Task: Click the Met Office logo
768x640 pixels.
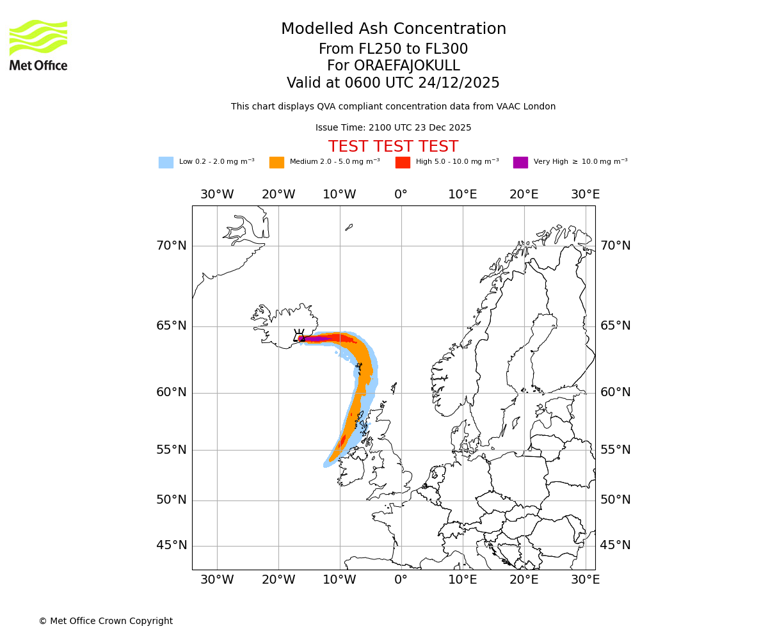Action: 38,45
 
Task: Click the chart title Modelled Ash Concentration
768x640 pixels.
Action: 393,29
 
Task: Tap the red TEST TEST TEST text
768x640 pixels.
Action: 393,147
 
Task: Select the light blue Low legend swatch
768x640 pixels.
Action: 166,163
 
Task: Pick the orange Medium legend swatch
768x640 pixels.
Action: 276,163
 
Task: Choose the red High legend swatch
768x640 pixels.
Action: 403,163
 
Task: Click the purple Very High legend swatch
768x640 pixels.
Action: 520,163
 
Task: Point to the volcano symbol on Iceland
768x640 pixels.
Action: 299,335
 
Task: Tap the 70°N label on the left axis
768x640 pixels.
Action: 172,246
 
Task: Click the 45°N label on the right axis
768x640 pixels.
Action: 615,545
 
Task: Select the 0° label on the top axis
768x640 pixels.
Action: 401,195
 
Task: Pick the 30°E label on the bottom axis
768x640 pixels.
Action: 585,580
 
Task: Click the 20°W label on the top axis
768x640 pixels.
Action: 278,195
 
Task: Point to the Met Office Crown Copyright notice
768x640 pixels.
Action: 106,621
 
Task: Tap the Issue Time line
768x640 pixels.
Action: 393,127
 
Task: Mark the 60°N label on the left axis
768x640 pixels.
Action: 172,392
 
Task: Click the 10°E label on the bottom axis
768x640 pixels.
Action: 462,580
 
